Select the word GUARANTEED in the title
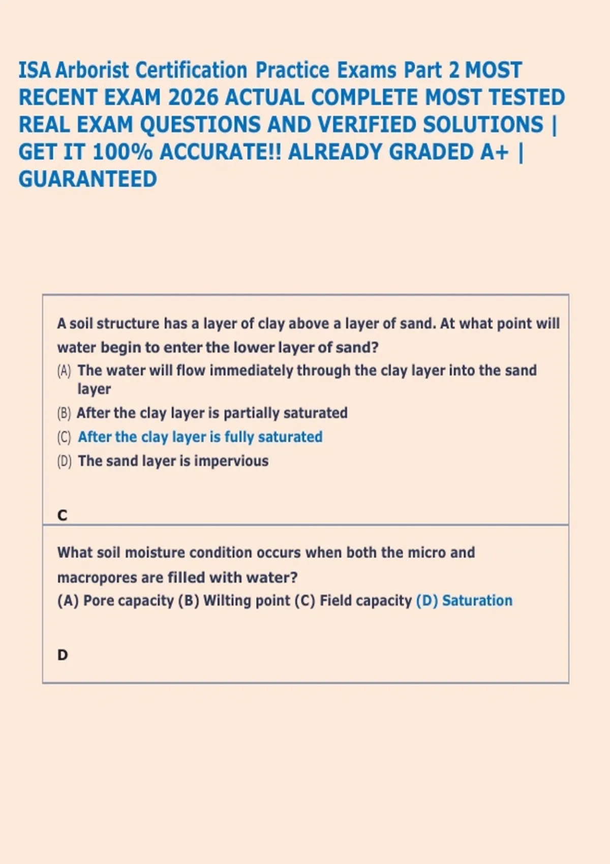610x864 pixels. click(88, 179)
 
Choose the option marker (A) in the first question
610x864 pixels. click(64, 371)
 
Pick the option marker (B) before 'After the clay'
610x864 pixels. click(64, 413)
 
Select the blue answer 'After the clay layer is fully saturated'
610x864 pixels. click(200, 437)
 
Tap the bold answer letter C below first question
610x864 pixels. click(63, 515)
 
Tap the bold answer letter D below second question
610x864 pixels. click(63, 655)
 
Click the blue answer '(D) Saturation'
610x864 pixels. click(464, 601)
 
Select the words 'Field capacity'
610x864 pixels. click(365, 601)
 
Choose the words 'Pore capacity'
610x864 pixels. click(128, 601)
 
